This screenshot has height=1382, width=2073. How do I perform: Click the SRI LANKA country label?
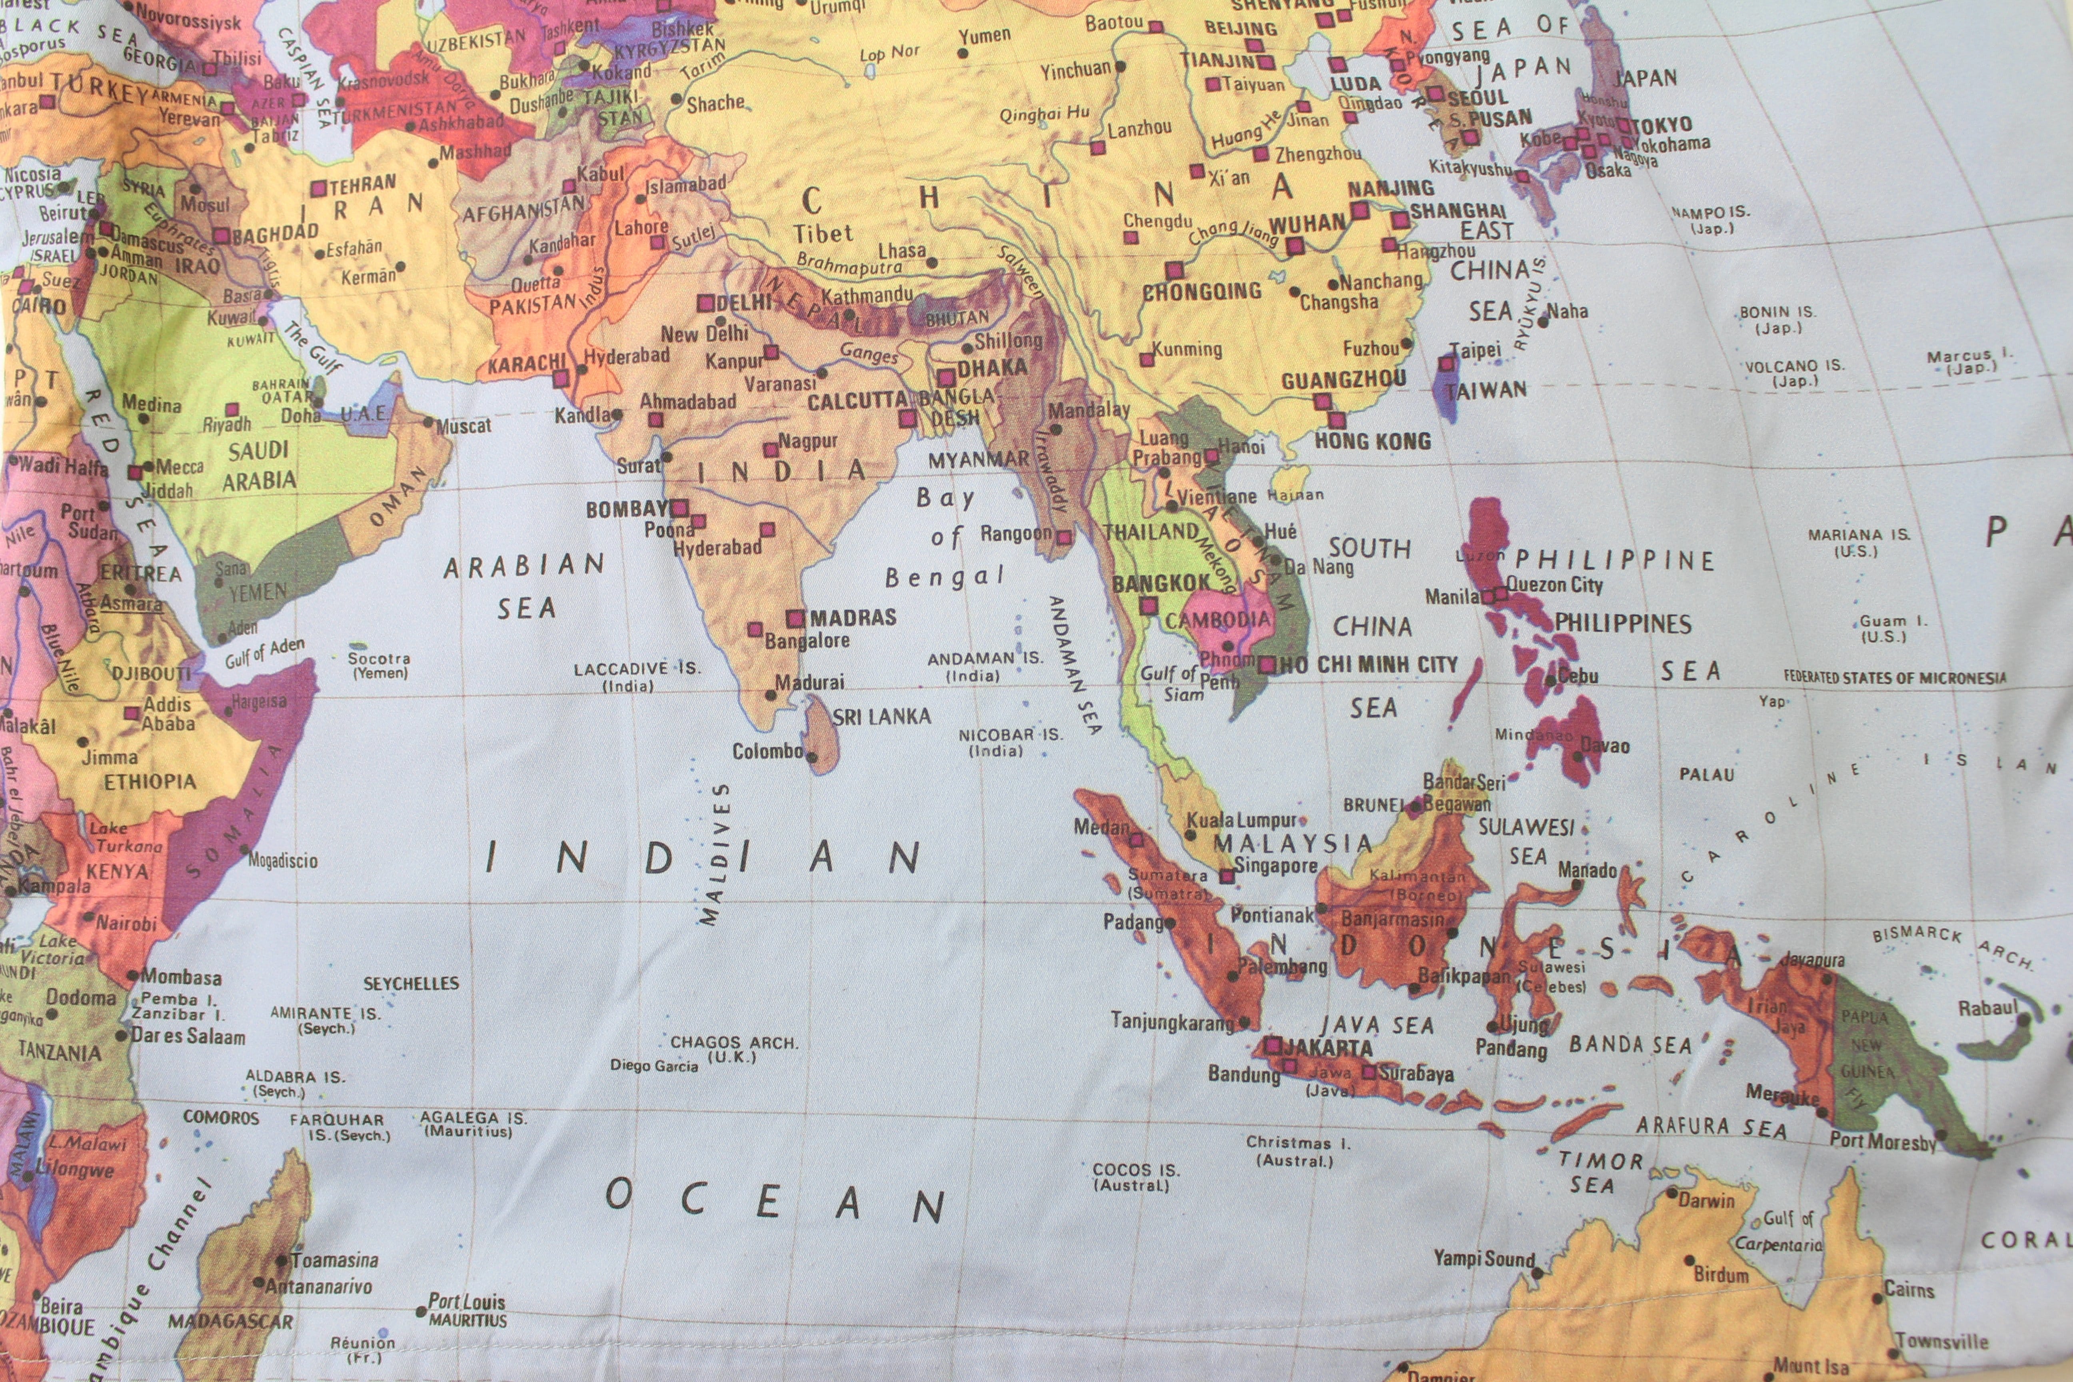point(881,717)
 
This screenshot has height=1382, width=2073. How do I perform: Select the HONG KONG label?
point(1372,441)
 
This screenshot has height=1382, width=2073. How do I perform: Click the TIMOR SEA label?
point(1600,1172)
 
